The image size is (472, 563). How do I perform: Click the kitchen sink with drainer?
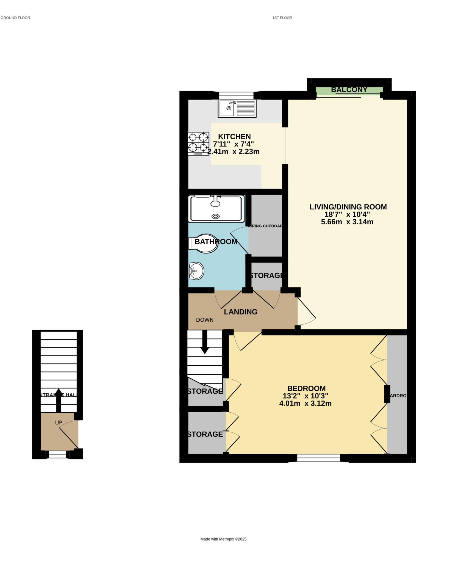[237, 108]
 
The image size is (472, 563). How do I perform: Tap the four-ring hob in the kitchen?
[198, 143]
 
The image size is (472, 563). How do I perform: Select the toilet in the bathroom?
[204, 244]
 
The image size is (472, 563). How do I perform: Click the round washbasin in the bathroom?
[196, 271]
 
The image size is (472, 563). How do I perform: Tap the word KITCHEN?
[234, 137]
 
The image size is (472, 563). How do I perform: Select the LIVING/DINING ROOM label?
[348, 207]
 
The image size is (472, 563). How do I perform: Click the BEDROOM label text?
[306, 388]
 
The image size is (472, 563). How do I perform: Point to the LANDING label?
[240, 312]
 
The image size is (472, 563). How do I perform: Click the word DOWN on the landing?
[204, 320]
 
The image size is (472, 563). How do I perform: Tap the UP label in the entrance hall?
[59, 423]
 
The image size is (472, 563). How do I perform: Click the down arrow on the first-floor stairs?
[205, 342]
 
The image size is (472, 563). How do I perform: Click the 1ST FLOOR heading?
[282, 18]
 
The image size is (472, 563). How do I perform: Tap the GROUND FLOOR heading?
[15, 18]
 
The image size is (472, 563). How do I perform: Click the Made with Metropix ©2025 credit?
[223, 539]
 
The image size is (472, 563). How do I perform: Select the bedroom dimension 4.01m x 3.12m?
[305, 404]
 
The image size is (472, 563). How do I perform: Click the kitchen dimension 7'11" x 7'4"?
[233, 144]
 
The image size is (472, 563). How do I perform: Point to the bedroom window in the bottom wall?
[318, 458]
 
